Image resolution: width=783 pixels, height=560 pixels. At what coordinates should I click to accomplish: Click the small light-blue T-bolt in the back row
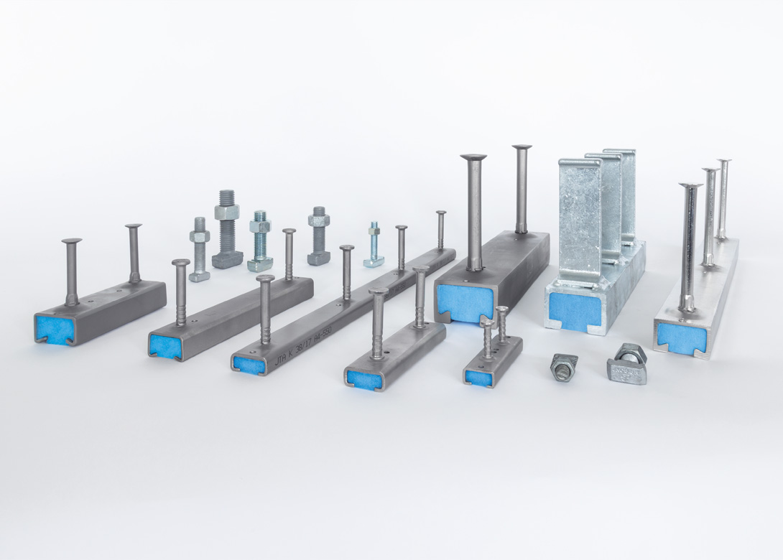(374, 245)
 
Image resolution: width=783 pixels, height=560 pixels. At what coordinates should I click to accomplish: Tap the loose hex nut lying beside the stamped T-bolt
(564, 367)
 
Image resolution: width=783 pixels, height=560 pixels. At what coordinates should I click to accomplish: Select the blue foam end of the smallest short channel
(476, 376)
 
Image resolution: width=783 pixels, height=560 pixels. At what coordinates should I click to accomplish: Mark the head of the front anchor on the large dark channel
(473, 157)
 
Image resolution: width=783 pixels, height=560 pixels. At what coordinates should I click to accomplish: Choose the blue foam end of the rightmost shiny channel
(675, 337)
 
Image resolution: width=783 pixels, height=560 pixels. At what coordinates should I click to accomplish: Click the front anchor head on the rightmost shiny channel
(690, 186)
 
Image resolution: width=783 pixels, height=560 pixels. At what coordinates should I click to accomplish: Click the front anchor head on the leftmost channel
(71, 242)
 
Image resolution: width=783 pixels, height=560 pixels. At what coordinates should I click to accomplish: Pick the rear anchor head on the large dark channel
(522, 148)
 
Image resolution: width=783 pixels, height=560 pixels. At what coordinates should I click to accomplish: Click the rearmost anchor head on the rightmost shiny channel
(724, 161)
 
